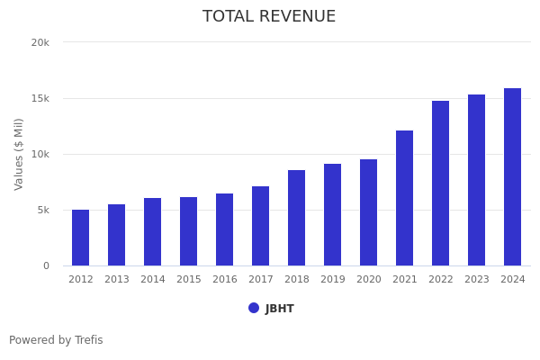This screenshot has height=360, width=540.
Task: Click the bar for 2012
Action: (81, 238)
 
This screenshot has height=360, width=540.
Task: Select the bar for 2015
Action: (189, 231)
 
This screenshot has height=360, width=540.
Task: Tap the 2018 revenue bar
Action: (297, 218)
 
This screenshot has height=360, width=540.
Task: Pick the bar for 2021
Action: (405, 198)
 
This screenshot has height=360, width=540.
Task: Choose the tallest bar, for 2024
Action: (513, 177)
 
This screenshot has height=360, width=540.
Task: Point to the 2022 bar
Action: (441, 184)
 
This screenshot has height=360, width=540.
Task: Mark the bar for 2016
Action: (225, 229)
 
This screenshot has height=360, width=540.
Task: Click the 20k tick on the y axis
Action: (40, 42)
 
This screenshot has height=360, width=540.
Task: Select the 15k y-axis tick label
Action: (40, 98)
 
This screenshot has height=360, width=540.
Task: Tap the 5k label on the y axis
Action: (42, 211)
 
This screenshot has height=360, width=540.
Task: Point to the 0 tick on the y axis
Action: (45, 266)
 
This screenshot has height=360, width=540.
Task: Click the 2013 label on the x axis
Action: (117, 280)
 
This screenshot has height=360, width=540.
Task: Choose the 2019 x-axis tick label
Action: (333, 280)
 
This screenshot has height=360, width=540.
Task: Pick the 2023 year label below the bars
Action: (477, 280)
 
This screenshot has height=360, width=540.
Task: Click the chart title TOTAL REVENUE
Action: (269, 17)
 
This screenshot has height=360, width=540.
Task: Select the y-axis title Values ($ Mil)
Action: (19, 154)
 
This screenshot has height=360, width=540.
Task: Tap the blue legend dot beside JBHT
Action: (254, 309)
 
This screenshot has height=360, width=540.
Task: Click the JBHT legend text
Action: (280, 309)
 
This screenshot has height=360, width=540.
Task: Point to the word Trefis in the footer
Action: (88, 341)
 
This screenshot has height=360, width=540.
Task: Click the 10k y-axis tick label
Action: (40, 155)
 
